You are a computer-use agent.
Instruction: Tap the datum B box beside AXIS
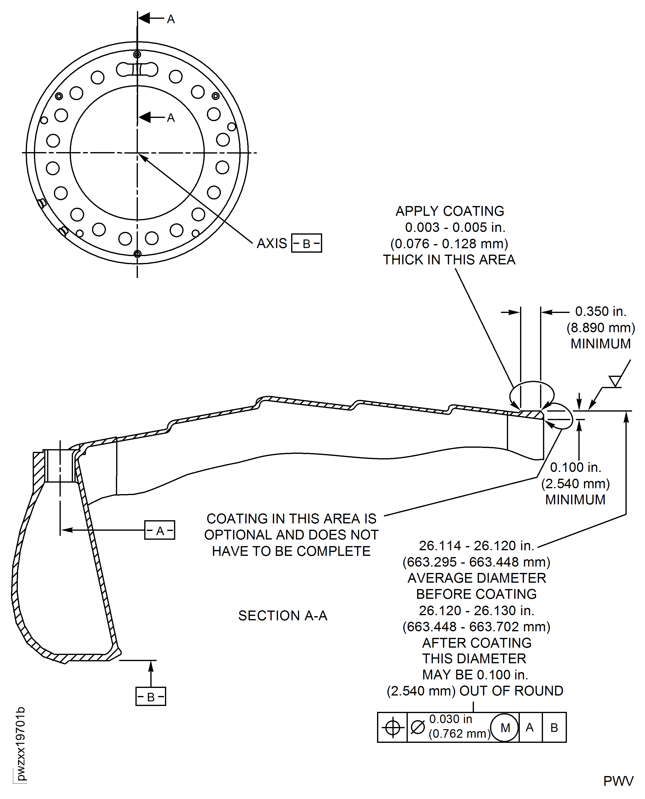[x=307, y=243]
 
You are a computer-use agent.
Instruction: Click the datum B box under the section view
[x=151, y=697]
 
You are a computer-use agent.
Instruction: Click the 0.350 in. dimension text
[x=600, y=311]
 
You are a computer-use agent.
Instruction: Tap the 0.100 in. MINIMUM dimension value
[x=575, y=467]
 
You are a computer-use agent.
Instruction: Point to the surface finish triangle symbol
[x=615, y=381]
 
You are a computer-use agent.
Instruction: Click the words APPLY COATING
[x=450, y=211]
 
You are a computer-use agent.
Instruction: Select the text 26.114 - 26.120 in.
[x=476, y=546]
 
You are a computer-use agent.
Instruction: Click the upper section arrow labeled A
[x=151, y=18]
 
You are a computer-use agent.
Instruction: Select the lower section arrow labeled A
[x=151, y=117]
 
